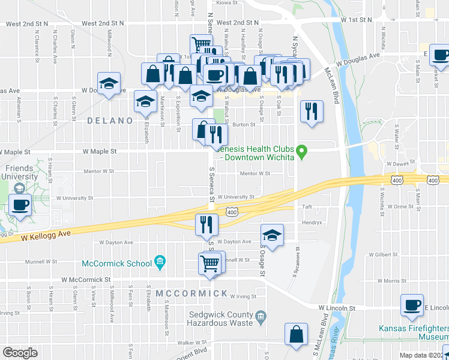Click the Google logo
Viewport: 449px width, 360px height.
tap(20, 353)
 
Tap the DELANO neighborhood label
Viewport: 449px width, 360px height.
tap(110, 121)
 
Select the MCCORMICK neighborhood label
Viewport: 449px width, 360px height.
tap(191, 293)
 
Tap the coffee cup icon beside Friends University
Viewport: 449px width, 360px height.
tap(20, 205)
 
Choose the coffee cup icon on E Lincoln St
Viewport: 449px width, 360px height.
tap(412, 304)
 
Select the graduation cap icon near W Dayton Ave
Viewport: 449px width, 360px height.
tap(272, 235)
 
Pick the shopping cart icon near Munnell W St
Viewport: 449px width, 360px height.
tap(209, 263)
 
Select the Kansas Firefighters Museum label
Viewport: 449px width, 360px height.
tap(414, 332)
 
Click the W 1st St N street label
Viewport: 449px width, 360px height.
tap(358, 20)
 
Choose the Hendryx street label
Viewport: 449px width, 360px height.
tap(311, 221)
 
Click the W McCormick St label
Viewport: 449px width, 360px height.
tap(86, 280)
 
